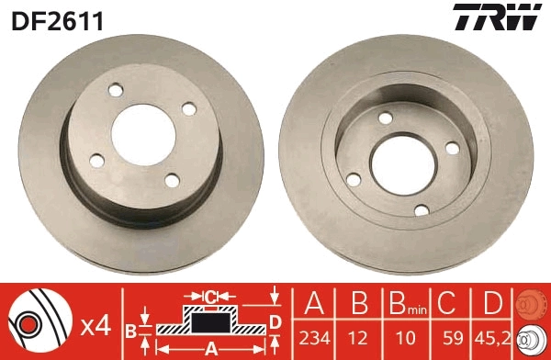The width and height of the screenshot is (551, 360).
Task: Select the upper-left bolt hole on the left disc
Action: tap(116, 92)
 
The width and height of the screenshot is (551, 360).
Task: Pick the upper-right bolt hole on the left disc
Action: tap(189, 109)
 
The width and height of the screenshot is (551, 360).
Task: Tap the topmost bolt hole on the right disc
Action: tap(387, 117)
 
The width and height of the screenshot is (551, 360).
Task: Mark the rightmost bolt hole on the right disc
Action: tap(451, 147)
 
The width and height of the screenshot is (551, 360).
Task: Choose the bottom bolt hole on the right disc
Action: tap(422, 210)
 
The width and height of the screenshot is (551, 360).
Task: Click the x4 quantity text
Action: tap(96, 325)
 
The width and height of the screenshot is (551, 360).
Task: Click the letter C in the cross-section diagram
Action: tap(211, 296)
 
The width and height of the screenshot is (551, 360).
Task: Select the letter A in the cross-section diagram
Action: tap(210, 348)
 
